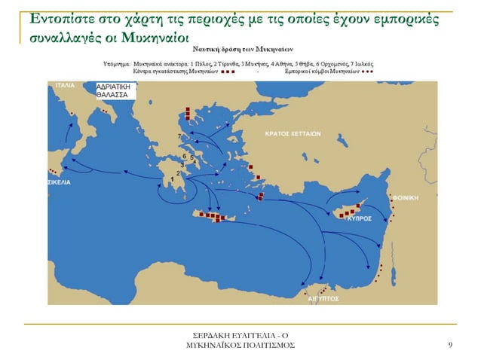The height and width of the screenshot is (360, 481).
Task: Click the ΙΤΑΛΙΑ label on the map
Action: pos(63,85)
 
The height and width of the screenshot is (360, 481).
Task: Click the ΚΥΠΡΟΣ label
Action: pos(357,217)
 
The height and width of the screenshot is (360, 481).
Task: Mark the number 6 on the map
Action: pos(183,157)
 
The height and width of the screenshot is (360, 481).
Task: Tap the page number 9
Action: pos(449,345)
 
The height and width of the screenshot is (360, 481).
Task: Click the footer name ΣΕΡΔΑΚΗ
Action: pos(216,334)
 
